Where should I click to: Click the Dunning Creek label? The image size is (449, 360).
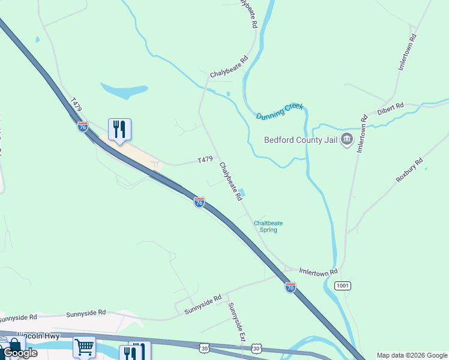[x=280, y=111]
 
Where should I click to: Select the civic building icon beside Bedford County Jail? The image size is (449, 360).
[x=347, y=140]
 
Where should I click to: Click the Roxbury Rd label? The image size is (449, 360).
[x=410, y=170]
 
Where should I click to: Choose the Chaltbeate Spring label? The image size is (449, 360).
[x=268, y=226]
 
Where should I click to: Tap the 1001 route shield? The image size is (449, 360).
[x=342, y=286]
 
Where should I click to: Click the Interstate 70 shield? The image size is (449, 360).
[x=291, y=287]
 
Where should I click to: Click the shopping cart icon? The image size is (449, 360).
[x=84, y=347]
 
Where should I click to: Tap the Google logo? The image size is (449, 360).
[x=20, y=353]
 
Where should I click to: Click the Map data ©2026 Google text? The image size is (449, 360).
[x=412, y=355]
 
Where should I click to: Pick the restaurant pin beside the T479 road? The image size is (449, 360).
[x=119, y=129]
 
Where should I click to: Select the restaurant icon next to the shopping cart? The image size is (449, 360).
[x=135, y=351]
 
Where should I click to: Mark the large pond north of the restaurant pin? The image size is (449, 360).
[x=124, y=91]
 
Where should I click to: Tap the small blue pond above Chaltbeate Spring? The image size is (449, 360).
[x=242, y=193]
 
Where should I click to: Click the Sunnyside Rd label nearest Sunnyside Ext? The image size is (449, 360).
[x=203, y=304]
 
